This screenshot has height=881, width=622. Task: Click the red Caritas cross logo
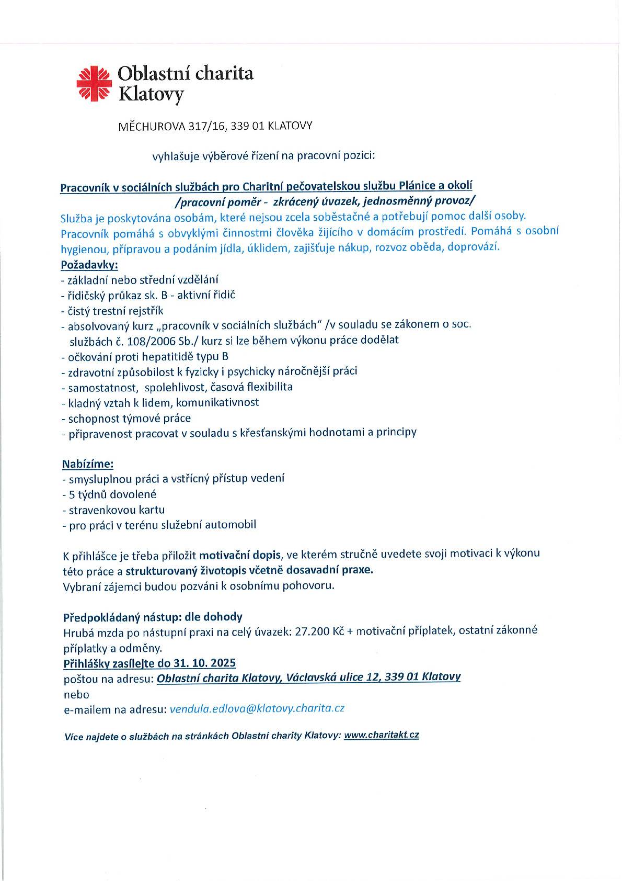(95, 83)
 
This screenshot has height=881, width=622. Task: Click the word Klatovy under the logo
(152, 95)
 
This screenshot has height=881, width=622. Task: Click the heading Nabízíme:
(87, 464)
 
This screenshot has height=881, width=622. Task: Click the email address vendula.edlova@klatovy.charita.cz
(257, 708)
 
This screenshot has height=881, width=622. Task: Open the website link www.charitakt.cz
(381, 735)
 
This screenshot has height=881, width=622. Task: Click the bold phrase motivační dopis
(240, 554)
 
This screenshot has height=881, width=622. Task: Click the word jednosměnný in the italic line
(402, 201)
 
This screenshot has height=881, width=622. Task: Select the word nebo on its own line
(76, 694)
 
